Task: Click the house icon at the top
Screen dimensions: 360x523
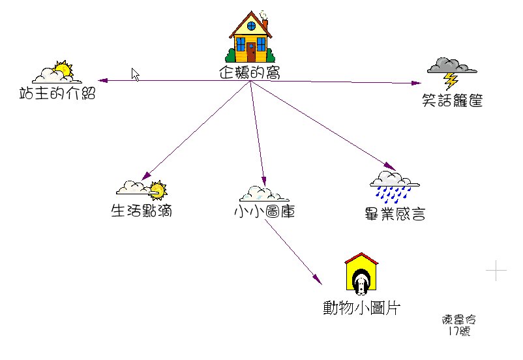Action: [x=250, y=37]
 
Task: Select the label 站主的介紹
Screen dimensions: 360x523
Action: [x=57, y=94]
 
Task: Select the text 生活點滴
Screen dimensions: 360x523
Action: [x=142, y=211]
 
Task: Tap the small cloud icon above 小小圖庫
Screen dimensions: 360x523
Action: [x=264, y=194]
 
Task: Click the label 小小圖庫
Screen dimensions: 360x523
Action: [x=264, y=211]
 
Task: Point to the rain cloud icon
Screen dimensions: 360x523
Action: [x=394, y=185]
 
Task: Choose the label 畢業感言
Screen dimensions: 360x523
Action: [x=395, y=213]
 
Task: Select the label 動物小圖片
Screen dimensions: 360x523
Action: [x=361, y=307]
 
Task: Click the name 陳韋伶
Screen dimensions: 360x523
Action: [x=459, y=320]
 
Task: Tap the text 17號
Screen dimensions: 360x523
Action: [x=459, y=331]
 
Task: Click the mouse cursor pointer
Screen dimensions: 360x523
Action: [x=136, y=74]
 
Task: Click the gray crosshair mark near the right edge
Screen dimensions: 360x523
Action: [x=496, y=269]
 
